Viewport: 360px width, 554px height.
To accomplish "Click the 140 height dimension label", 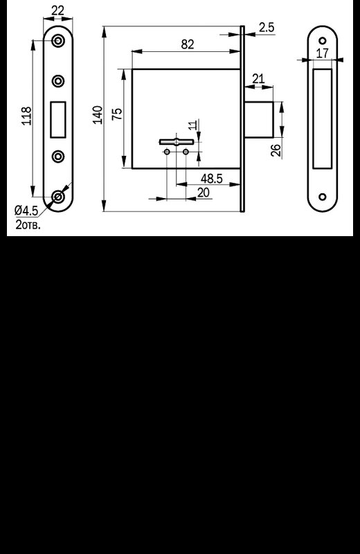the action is coord(98,115).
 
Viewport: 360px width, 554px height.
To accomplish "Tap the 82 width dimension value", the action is coord(188,44).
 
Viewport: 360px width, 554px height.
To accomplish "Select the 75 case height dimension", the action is coord(117,113).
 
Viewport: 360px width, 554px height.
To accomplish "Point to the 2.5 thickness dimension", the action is coord(267,27).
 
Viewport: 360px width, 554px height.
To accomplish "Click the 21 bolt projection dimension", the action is coord(259,78).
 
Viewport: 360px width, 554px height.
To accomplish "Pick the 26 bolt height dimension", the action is coord(277,150).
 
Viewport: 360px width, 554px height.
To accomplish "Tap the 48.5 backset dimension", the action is coord(212,179).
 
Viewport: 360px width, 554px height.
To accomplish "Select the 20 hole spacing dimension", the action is coord(203,193).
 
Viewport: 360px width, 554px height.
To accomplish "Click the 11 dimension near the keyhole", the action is coord(192,125).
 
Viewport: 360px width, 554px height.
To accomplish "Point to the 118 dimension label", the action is coord(27,116).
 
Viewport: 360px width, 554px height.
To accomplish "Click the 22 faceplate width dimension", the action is coord(57,10).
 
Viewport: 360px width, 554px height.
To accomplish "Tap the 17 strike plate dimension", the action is coord(322,53).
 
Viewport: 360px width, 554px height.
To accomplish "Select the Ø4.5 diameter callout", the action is coord(26,211).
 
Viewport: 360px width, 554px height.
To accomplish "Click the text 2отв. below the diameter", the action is coord(28,224).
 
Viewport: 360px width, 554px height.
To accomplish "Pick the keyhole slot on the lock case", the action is coord(177,142).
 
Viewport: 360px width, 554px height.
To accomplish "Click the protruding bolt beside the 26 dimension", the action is coord(259,119).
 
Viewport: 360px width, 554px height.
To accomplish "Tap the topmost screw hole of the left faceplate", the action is coord(58,41).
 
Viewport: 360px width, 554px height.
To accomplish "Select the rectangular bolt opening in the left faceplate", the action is coord(58,119).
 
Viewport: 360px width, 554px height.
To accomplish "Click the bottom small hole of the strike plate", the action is coord(323,197).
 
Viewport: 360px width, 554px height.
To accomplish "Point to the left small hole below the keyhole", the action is coord(167,152).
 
